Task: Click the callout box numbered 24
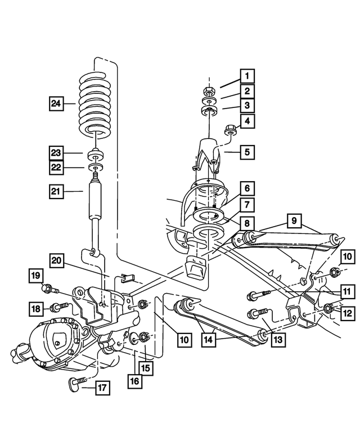pos(55,103)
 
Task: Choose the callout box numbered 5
pos(246,151)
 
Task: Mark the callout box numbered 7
pos(246,205)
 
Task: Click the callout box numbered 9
pos(294,221)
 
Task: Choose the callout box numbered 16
pos(136,381)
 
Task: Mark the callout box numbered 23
pos(55,153)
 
